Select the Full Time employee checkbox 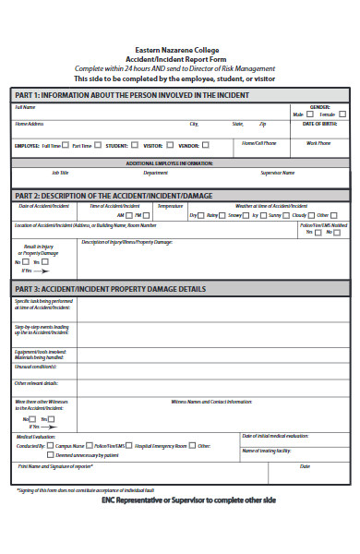(x=66, y=145)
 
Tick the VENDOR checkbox (x=206, y=145)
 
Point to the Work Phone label (x=318, y=143)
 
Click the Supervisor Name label (x=278, y=173)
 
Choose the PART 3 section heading (x=111, y=289)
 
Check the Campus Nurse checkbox (x=50, y=446)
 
